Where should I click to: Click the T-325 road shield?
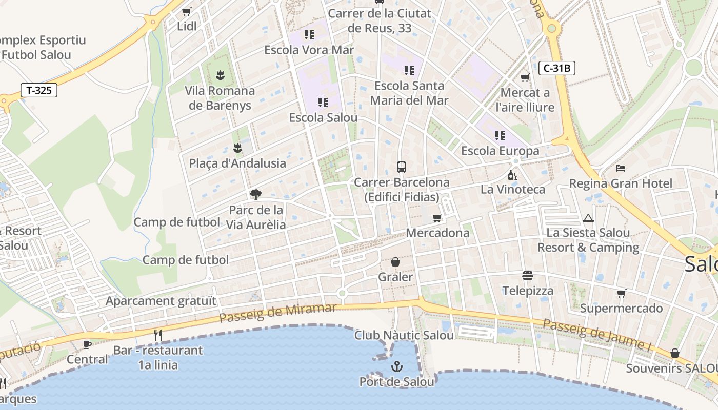click(x=39, y=91)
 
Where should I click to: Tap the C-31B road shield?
click(x=556, y=68)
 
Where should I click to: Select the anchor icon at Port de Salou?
click(x=396, y=366)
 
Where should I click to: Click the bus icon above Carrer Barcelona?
click(x=402, y=167)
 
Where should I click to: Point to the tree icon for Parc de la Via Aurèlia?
click(x=255, y=195)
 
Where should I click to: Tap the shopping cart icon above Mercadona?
click(x=437, y=218)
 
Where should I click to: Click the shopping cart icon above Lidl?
click(x=187, y=11)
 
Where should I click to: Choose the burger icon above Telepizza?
click(x=528, y=276)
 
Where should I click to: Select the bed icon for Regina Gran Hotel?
click(x=621, y=168)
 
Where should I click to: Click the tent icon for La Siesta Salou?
click(x=588, y=218)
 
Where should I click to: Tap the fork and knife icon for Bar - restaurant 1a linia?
click(x=158, y=335)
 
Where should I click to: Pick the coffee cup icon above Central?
click(x=87, y=344)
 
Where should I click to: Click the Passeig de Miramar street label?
click(x=277, y=313)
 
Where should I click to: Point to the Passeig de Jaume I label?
click(x=597, y=335)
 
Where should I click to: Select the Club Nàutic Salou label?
click(x=404, y=335)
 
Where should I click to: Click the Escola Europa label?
click(x=500, y=151)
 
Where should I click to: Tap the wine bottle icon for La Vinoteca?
click(x=512, y=175)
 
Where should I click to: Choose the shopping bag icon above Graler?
click(x=395, y=262)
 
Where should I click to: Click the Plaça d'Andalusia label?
click(x=237, y=163)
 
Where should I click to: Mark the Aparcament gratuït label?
click(x=161, y=301)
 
